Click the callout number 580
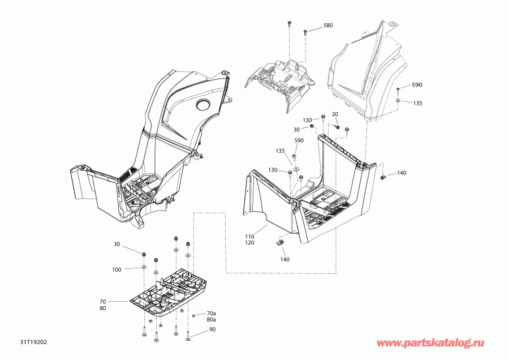[328, 25]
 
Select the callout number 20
[335, 114]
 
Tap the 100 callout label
[117, 269]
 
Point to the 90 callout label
[212, 329]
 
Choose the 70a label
[212, 314]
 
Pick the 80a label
[212, 320]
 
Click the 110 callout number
[249, 237]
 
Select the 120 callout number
[249, 243]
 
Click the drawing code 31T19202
[33, 342]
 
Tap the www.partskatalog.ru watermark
[430, 343]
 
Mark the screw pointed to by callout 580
[305, 32]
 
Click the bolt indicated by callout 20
[337, 126]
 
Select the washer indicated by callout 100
[143, 267]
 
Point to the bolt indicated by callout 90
[188, 337]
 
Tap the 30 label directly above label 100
[117, 245]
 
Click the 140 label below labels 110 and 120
[284, 259]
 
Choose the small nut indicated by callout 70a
[194, 315]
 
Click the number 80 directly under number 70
[102, 308]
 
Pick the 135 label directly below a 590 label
[417, 104]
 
